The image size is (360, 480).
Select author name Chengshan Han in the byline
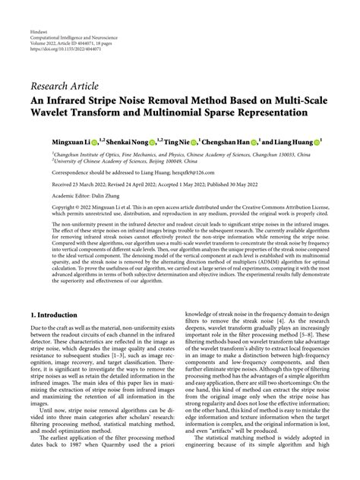pos(228,141)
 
